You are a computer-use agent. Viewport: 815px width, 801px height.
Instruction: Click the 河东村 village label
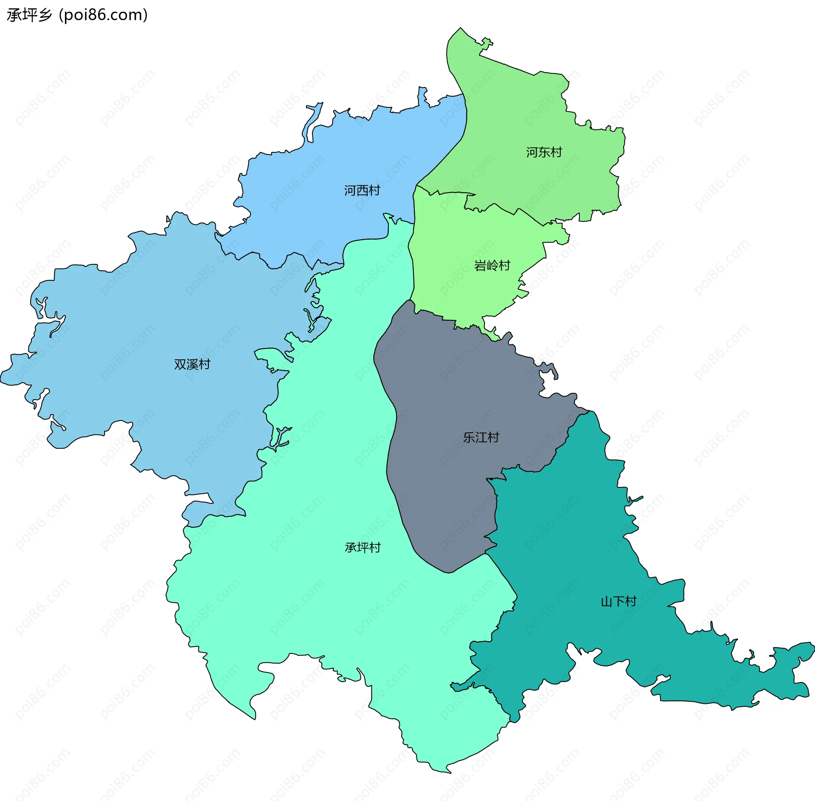point(544,152)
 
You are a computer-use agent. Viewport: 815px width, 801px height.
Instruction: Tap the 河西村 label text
point(362,190)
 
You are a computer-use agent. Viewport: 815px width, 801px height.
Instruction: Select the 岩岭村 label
point(492,266)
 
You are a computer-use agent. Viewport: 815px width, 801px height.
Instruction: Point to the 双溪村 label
point(192,364)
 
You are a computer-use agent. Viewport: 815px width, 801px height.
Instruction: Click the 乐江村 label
point(481,437)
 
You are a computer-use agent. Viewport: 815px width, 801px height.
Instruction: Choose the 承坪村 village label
point(363,548)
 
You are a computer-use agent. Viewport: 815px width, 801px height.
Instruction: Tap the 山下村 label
point(618,602)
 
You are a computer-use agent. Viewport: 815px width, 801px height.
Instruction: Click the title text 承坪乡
point(29,15)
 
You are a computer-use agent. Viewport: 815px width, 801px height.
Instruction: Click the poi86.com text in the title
point(103,15)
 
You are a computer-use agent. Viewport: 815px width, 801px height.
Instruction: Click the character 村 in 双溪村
point(204,364)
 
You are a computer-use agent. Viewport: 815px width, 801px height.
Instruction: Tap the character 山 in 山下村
point(606,602)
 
